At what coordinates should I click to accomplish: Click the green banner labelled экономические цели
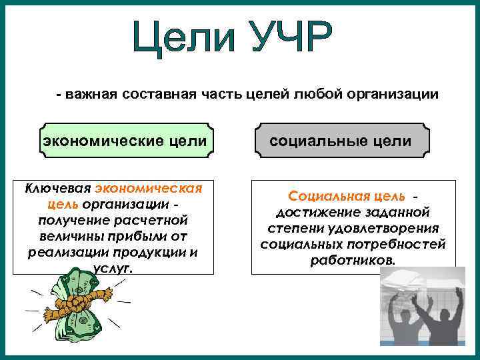[127, 141]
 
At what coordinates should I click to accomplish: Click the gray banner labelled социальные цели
[340, 141]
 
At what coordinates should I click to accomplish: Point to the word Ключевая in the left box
[59, 189]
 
